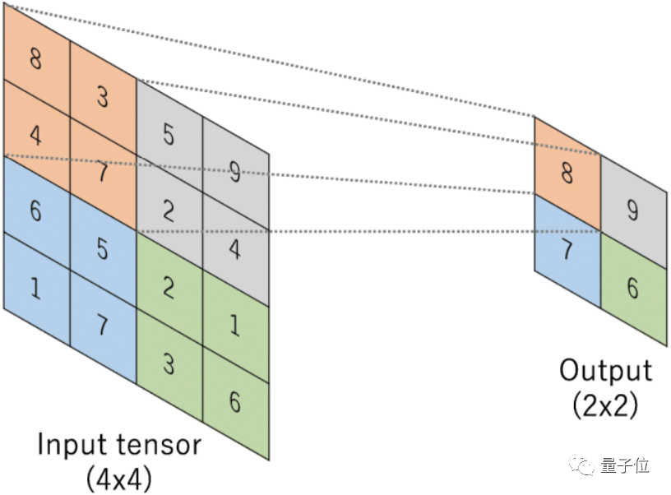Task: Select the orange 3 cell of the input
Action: (x=103, y=97)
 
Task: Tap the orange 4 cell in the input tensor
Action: (x=36, y=135)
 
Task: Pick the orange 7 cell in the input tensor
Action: (x=103, y=173)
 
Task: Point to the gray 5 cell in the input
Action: (x=169, y=134)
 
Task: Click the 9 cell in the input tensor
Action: (x=236, y=172)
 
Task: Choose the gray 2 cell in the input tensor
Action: (x=169, y=210)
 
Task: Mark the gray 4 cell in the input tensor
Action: (x=236, y=249)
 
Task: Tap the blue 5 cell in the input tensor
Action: (x=103, y=248)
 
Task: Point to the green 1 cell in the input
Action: (x=236, y=326)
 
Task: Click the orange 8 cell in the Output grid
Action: (x=567, y=173)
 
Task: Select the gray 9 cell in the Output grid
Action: (x=632, y=211)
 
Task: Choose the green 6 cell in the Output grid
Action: (x=632, y=288)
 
